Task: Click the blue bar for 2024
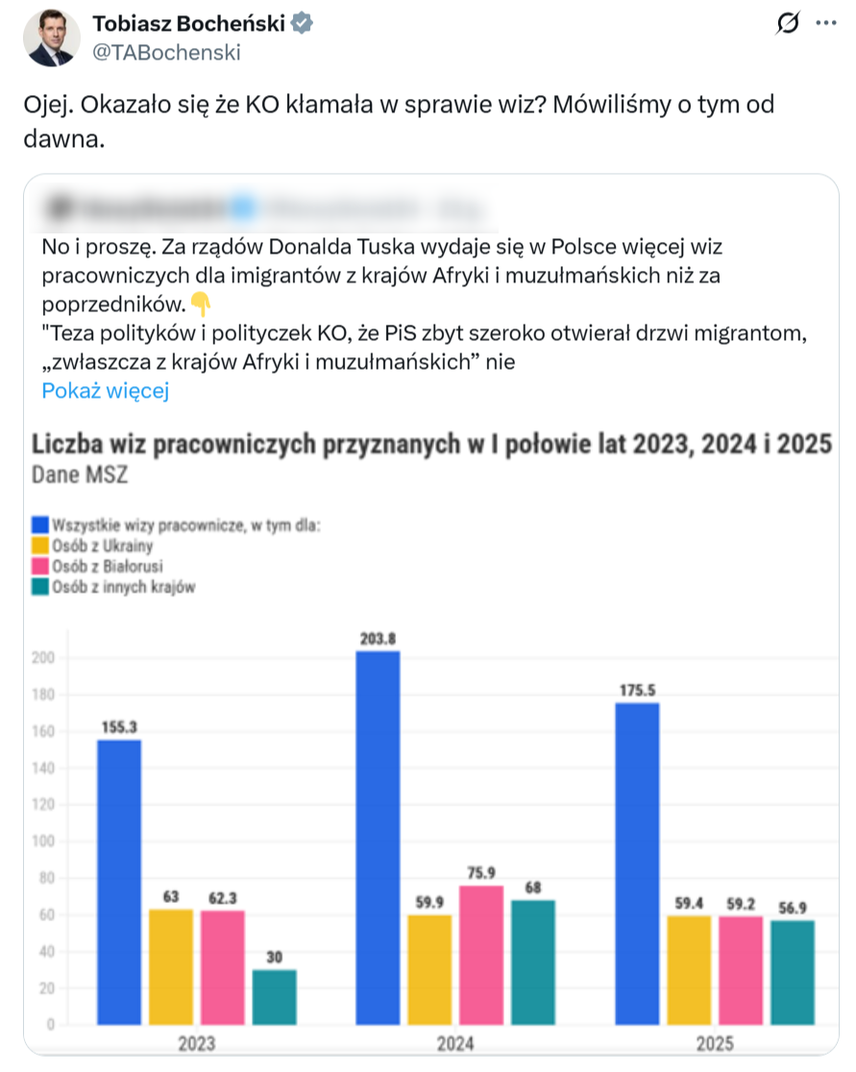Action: pyautogui.click(x=378, y=837)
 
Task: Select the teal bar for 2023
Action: pyautogui.click(x=274, y=997)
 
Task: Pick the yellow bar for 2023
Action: pyautogui.click(x=171, y=966)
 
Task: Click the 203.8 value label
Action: pyautogui.click(x=378, y=639)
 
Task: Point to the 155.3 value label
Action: pyautogui.click(x=119, y=727)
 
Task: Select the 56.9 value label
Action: pyautogui.click(x=793, y=908)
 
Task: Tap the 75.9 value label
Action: pyautogui.click(x=480, y=872)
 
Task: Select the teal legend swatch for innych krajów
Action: pyautogui.click(x=40, y=587)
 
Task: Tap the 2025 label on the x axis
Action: pyautogui.click(x=714, y=1043)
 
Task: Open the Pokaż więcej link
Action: pyautogui.click(x=106, y=390)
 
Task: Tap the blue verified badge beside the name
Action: pyautogui.click(x=302, y=24)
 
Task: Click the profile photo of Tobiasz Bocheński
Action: pyautogui.click(x=53, y=39)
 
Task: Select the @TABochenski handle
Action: pyautogui.click(x=166, y=53)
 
